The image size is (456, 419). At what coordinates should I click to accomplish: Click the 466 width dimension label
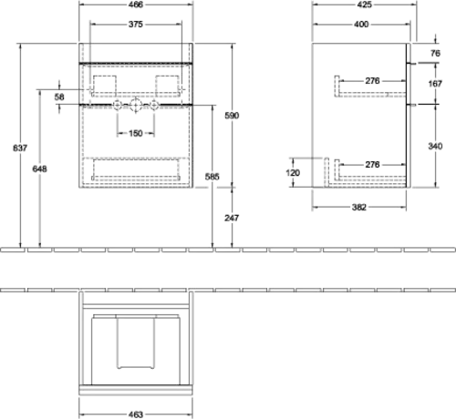[136, 5]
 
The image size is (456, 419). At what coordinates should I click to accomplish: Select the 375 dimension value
[136, 25]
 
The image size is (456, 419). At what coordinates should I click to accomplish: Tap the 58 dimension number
[59, 97]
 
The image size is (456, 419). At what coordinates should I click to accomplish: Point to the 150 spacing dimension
[136, 133]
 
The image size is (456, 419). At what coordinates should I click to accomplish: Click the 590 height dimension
[232, 116]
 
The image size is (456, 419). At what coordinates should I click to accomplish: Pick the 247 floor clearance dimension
[232, 218]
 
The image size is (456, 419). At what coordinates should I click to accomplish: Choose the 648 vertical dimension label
[40, 169]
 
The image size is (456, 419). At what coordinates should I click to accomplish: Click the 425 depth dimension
[365, 5]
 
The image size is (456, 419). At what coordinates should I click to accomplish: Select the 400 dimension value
[361, 25]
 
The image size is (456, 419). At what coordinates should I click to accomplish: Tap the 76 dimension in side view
[435, 53]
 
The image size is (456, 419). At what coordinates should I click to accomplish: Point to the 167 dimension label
[435, 84]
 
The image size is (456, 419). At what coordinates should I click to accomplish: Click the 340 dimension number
[435, 146]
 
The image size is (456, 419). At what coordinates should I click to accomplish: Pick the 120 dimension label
[293, 173]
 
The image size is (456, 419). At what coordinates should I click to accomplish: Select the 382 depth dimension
[359, 208]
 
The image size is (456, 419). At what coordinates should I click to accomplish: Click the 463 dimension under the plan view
[136, 414]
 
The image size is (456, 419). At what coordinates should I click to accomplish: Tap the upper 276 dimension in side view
[372, 81]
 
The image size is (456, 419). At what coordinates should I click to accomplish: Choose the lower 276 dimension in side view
[372, 165]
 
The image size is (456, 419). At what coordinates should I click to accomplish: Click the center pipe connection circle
[136, 105]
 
